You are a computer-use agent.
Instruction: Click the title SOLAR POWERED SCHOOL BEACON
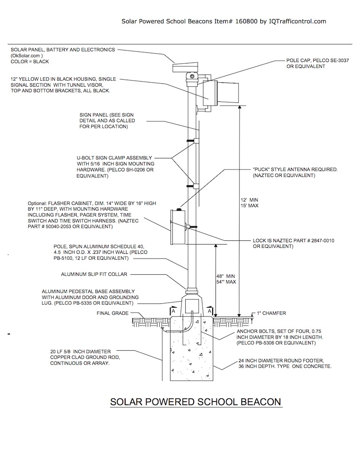tap(195, 401)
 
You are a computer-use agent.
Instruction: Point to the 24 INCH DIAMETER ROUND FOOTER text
tap(285, 363)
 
